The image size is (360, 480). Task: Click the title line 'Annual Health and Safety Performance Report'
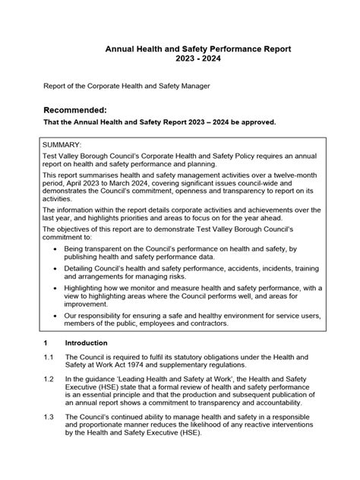point(197,49)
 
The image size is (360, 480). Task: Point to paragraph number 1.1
point(48,357)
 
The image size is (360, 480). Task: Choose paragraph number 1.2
point(48,378)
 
